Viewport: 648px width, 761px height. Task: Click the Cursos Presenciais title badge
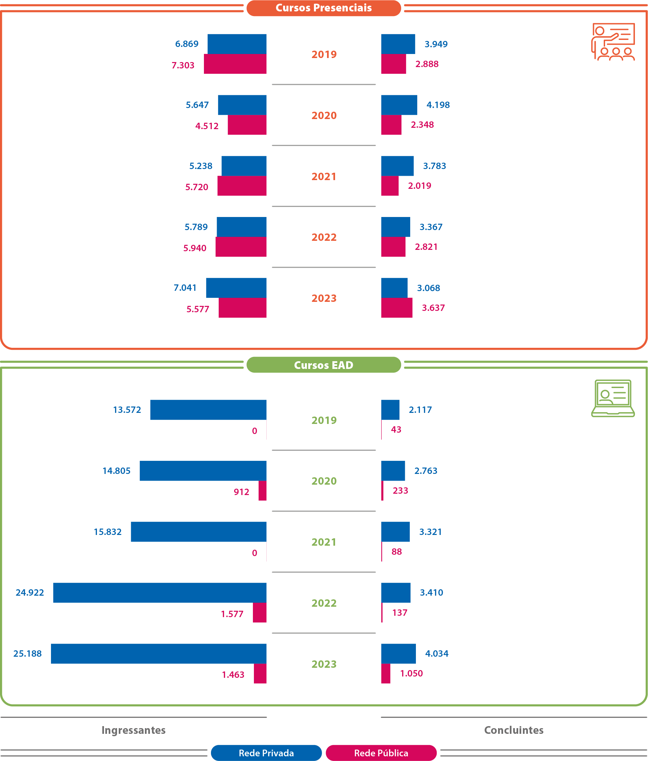coord(323,8)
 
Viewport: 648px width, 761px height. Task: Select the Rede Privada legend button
coord(266,753)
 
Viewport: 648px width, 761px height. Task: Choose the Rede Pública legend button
coord(381,753)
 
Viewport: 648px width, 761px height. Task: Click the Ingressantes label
coord(133,730)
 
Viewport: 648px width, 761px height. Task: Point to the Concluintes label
coord(514,730)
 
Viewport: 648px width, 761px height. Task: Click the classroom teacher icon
coord(613,42)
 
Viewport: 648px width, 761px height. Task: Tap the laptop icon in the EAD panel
coord(613,398)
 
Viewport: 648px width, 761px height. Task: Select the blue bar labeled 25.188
coord(159,653)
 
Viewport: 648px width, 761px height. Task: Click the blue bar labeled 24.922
coord(160,592)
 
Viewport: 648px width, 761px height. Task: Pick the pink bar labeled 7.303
coord(235,64)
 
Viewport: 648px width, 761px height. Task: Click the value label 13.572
coord(127,410)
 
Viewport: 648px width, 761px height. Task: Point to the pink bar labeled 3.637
coord(396,308)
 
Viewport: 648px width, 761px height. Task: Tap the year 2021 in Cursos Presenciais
coord(324,176)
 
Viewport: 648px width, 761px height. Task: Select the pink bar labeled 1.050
coord(385,673)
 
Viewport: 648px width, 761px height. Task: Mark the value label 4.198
coord(438,105)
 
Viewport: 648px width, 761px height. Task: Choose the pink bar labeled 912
coord(262,491)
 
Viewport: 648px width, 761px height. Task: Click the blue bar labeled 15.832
coord(198,532)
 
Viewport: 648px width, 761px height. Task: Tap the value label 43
coord(396,429)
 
